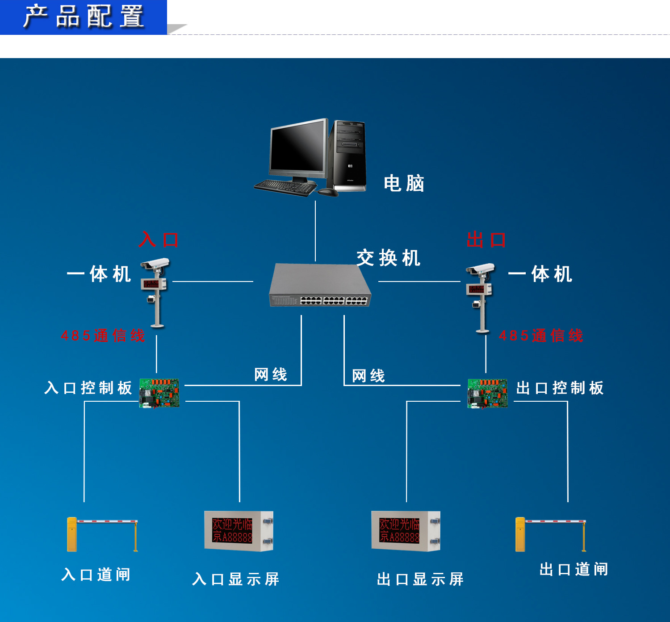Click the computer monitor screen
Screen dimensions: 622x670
(297, 148)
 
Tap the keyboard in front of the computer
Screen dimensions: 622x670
(285, 186)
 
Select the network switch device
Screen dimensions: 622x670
(320, 286)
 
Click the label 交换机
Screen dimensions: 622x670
(388, 258)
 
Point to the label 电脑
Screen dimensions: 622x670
(404, 184)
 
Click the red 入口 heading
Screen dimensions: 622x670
(159, 240)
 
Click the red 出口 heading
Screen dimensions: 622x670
(486, 240)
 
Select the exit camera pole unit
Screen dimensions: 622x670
(481, 297)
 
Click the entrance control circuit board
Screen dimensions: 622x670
(159, 393)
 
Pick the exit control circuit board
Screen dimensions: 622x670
(487, 393)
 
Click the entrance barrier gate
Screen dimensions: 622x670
(102, 534)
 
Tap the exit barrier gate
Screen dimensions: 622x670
(550, 534)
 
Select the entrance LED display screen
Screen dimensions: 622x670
(239, 531)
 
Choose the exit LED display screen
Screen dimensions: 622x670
(406, 531)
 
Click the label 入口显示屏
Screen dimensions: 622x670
(236, 580)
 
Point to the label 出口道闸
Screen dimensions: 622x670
(574, 570)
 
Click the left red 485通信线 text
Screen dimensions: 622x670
(103, 336)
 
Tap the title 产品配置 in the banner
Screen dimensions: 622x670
(84, 17)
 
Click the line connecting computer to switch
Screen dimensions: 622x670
(315, 231)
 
